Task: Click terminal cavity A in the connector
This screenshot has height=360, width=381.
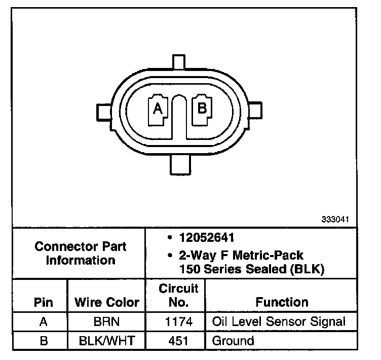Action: [x=158, y=110]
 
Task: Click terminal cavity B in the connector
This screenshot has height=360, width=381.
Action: [x=202, y=110]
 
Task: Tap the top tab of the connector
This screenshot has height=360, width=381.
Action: [x=179, y=62]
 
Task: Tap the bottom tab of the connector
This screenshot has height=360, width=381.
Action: [x=180, y=165]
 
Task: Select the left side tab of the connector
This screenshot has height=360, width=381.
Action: [x=104, y=112]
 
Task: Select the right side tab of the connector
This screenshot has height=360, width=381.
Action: [x=255, y=110]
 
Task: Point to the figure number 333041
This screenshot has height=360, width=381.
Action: [x=335, y=219]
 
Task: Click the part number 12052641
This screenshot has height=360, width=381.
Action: [x=207, y=238]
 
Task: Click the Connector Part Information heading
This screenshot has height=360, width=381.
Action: [x=81, y=253]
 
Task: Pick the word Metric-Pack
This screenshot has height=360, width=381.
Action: [x=268, y=256]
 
